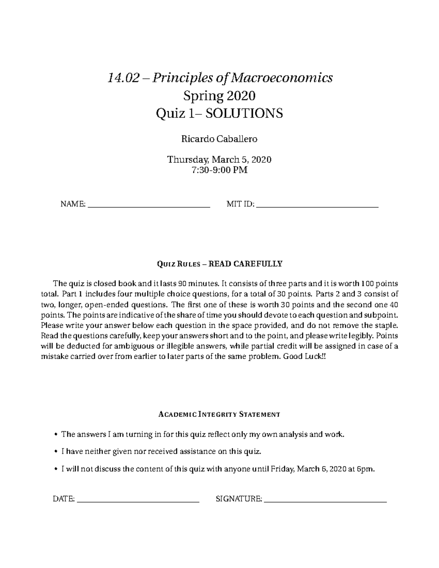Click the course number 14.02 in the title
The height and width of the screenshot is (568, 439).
(123, 78)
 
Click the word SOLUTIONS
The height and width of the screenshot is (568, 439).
(244, 114)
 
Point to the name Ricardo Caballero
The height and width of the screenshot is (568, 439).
(219, 139)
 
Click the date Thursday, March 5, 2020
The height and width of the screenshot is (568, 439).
(219, 160)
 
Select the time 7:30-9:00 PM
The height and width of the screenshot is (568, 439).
(219, 170)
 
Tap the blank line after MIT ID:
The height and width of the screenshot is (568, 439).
(318, 207)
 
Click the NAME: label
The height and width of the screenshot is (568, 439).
(73, 204)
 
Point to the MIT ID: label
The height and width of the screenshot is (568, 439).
(240, 204)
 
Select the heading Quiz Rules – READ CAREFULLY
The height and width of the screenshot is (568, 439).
(219, 264)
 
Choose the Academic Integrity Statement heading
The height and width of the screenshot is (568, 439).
(219, 414)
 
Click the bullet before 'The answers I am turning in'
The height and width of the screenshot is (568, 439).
(56, 435)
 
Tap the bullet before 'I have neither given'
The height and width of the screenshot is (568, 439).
(56, 452)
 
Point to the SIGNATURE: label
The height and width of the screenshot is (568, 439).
(239, 499)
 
